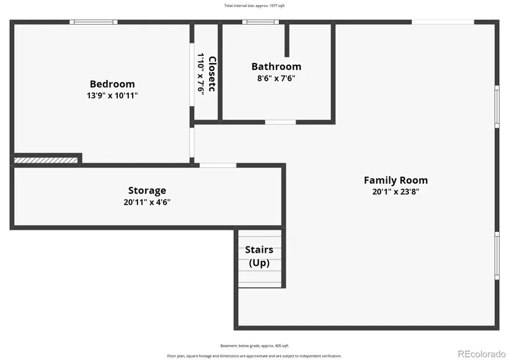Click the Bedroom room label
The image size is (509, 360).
pos(112,84)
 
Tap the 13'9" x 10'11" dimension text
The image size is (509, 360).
pos(112,96)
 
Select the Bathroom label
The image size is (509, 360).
pos(276,67)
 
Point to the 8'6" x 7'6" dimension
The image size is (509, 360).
pos(276,78)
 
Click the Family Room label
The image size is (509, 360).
pos(395,181)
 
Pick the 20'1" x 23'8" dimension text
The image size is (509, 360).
pos(395,192)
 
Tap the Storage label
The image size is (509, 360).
pos(147,190)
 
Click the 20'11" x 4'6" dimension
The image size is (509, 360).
pos(147,202)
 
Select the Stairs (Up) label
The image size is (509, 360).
pos(259,256)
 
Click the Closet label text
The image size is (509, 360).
pos(212,74)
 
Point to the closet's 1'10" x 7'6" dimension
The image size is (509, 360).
pos(201,74)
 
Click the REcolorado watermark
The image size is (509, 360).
pos(482,353)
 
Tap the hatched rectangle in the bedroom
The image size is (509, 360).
pos(46,160)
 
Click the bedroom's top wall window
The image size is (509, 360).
pos(94,22)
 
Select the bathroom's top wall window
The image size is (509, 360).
pos(260,22)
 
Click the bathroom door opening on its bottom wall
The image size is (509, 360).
pos(281,122)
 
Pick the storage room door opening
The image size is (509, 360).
pos(218,165)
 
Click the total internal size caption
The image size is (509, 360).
pos(254,6)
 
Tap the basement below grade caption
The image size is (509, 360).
pos(254,346)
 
